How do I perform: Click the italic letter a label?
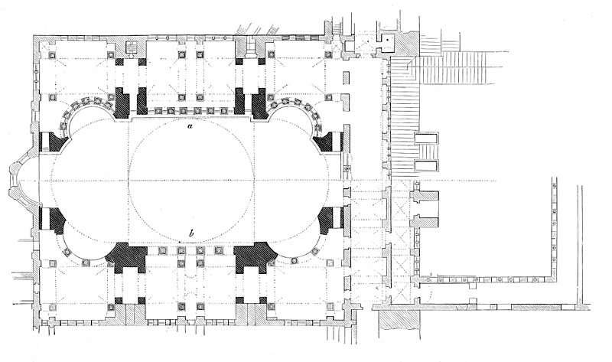(x=189, y=126)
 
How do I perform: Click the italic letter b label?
(x=190, y=233)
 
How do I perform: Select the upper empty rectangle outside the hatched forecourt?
(x=426, y=139)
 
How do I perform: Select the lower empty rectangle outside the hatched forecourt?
(x=426, y=165)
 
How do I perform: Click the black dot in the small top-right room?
(x=387, y=40)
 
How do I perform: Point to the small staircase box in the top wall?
(x=132, y=47)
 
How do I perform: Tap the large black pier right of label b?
(x=255, y=256)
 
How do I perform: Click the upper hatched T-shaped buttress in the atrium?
(x=425, y=197)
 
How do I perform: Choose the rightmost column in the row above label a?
(x=223, y=111)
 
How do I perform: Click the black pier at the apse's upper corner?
(x=54, y=142)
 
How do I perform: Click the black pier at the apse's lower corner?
(x=54, y=220)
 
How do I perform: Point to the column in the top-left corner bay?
(x=52, y=55)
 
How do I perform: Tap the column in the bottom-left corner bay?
(x=52, y=307)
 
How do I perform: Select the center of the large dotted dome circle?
(x=191, y=181)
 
